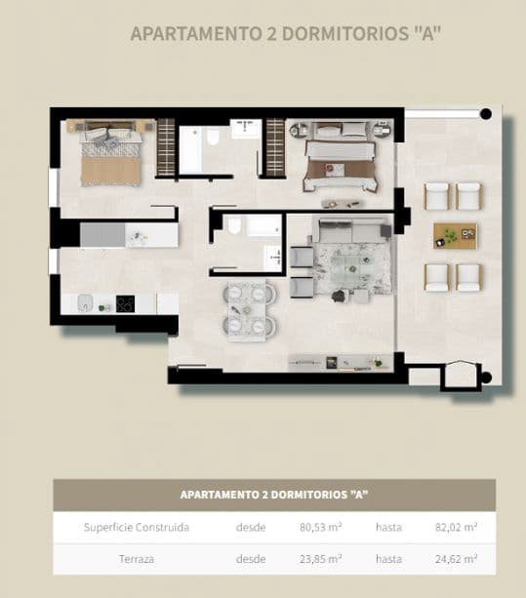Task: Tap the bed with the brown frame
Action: pos(340,164)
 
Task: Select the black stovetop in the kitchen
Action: pos(125,303)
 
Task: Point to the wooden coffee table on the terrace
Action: pos(454,235)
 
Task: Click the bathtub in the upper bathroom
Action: pos(191,151)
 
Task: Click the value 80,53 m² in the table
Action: pos(320,528)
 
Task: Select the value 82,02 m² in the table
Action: pos(456,528)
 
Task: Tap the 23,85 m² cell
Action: pos(320,559)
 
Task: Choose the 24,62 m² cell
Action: pos(456,559)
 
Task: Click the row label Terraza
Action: pos(137,559)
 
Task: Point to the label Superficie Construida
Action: pos(137,528)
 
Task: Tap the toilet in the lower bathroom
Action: pos(234,227)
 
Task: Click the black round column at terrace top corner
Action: pos(485,114)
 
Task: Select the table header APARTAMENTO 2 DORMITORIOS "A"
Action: pos(273,495)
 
